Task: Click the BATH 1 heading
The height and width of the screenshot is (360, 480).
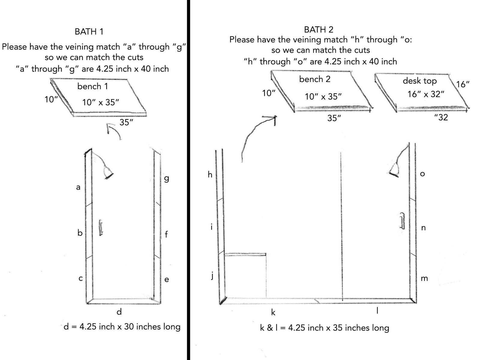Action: click(89, 31)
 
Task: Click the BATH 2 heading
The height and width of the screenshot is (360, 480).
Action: click(319, 29)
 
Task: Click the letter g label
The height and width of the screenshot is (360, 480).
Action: click(166, 179)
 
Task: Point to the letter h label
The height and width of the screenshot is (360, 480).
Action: click(210, 174)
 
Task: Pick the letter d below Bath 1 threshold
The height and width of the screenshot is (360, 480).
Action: click(119, 312)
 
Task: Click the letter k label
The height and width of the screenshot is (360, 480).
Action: click(273, 312)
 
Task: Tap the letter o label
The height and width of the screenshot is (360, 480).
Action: click(422, 174)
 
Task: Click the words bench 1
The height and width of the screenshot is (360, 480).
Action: click(93, 86)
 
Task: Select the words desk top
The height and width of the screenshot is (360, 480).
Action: click(419, 81)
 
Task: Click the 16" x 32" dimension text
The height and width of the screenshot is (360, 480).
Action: click(426, 94)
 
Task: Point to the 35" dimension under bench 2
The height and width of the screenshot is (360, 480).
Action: click(334, 118)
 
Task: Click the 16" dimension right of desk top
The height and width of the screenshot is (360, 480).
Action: click(463, 84)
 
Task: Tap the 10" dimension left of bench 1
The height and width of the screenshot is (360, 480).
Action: click(51, 99)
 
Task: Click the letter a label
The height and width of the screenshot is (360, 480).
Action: click(78, 188)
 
